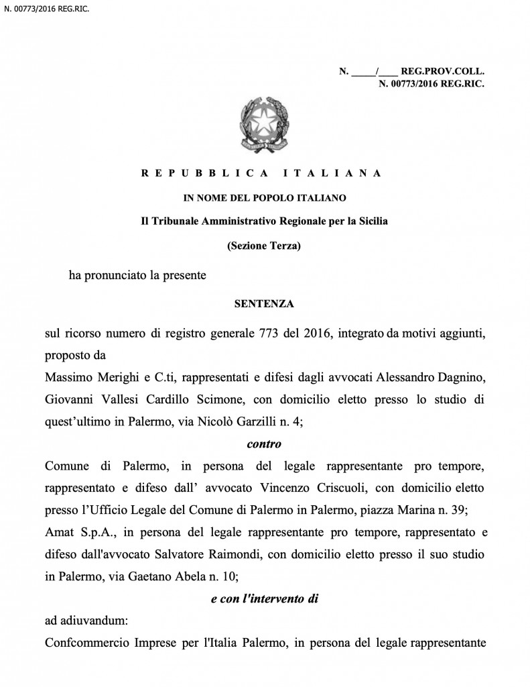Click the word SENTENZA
click(264, 304)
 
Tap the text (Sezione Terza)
click(264, 246)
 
